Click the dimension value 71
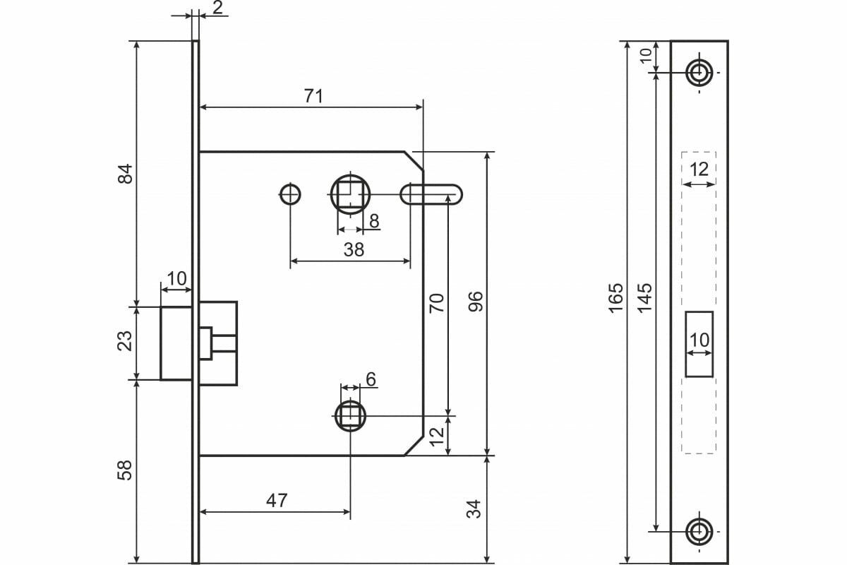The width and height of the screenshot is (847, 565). (x=313, y=96)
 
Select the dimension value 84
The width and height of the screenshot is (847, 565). (x=125, y=174)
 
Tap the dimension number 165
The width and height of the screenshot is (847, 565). (x=616, y=297)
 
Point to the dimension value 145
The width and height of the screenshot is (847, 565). (x=644, y=297)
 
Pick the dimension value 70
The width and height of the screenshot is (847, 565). (x=437, y=302)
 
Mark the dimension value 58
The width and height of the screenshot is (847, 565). (x=125, y=470)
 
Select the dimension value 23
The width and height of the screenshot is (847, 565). (x=125, y=340)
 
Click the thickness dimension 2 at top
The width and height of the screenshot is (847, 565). (x=217, y=8)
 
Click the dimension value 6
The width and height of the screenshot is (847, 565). (x=371, y=379)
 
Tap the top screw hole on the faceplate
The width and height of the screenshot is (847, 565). (x=699, y=71)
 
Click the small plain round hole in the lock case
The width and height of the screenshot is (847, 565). (x=289, y=193)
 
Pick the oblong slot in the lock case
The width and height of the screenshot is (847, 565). (x=432, y=194)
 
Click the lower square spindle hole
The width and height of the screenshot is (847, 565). (x=350, y=416)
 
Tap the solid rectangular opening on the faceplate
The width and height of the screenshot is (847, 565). (x=699, y=343)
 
